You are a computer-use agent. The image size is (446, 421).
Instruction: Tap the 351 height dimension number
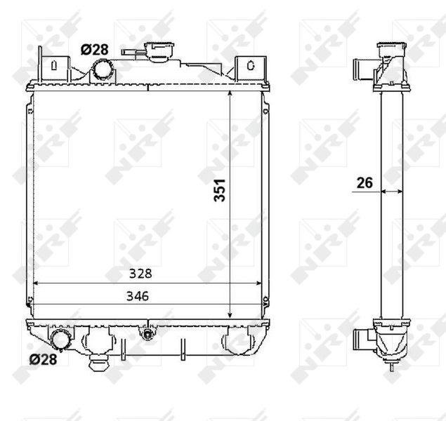coord(219,189)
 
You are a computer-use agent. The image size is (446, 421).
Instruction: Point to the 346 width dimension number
coord(138,296)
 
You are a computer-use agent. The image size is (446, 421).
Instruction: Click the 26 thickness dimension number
coord(365,183)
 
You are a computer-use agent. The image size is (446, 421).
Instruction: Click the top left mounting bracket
coord(51,66)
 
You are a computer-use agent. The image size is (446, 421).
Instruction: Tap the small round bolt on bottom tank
coord(147,334)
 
